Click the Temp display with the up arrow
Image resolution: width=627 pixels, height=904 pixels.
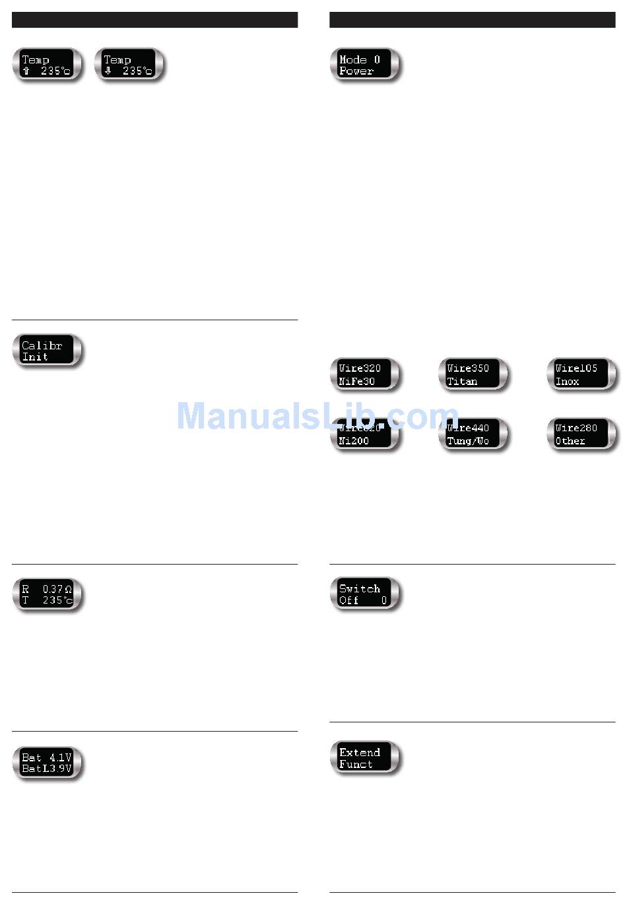click(x=48, y=65)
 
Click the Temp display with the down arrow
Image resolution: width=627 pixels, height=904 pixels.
click(x=129, y=65)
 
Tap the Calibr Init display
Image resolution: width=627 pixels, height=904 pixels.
click(x=48, y=351)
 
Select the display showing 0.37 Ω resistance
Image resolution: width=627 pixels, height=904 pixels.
click(x=48, y=594)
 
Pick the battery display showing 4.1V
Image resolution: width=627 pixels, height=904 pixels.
click(x=48, y=763)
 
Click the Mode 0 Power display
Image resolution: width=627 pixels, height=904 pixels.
click(x=365, y=65)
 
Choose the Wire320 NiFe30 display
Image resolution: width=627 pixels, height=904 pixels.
click(x=365, y=374)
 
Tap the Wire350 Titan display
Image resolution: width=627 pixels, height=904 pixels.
click(x=473, y=374)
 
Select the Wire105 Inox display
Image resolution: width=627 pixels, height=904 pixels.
click(x=581, y=374)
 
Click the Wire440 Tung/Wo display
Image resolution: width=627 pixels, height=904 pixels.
click(x=473, y=435)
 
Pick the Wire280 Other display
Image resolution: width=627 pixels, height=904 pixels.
click(x=581, y=435)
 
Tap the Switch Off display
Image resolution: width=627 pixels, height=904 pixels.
click(x=365, y=594)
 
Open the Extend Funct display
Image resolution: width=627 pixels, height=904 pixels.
click(x=365, y=757)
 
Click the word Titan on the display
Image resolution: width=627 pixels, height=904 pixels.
click(x=462, y=382)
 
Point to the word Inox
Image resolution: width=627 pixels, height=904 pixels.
click(x=567, y=382)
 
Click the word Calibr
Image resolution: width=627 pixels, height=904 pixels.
click(x=42, y=345)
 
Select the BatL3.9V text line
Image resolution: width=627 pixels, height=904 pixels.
click(x=47, y=769)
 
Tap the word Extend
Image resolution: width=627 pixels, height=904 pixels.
click(x=360, y=752)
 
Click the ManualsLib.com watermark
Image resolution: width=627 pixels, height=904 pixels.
click(x=317, y=417)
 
